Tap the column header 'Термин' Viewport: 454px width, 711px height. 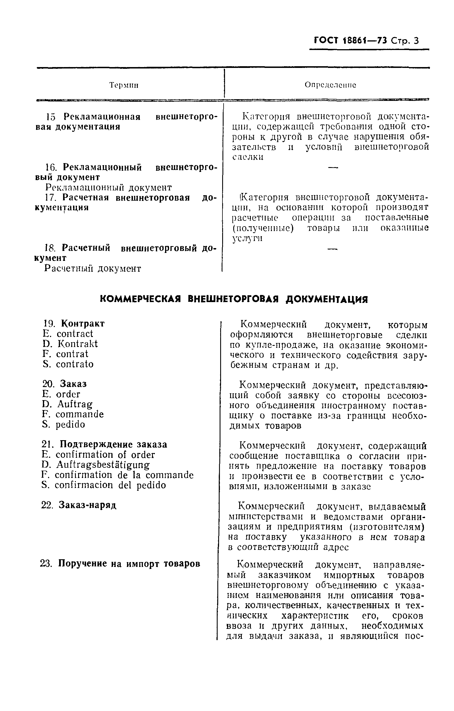[124, 85]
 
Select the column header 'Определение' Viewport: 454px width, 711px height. [330, 85]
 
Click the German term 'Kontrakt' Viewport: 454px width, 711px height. [77, 344]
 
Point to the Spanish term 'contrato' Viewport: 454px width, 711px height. [75, 364]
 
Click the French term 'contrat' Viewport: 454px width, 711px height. [72, 354]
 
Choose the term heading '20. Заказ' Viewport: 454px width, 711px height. [65, 384]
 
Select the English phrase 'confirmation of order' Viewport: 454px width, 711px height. [105, 455]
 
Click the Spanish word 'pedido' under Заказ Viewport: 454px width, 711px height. [70, 425]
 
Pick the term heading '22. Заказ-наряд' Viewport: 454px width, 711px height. [79, 505]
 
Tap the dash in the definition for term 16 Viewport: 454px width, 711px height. [333, 168]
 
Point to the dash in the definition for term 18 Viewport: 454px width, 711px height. [332, 250]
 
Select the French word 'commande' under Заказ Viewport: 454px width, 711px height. [80, 414]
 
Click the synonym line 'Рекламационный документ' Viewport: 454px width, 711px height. [108, 188]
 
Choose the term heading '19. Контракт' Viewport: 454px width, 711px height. [74, 324]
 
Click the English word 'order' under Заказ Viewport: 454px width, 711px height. [68, 394]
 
